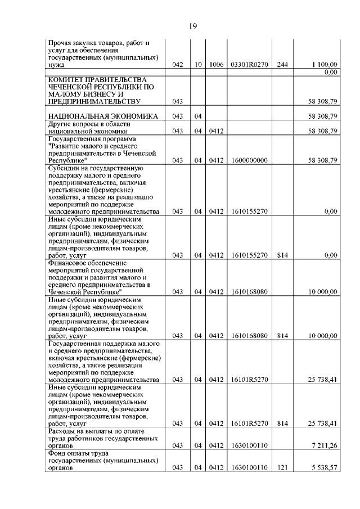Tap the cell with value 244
[x=282, y=65]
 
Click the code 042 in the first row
[x=178, y=65]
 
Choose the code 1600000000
[x=249, y=160]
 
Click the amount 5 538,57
[x=323, y=467]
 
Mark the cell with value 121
[x=282, y=467]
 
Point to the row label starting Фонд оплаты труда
[x=78, y=453]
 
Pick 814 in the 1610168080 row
[x=282, y=336]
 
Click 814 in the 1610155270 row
[x=282, y=255]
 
